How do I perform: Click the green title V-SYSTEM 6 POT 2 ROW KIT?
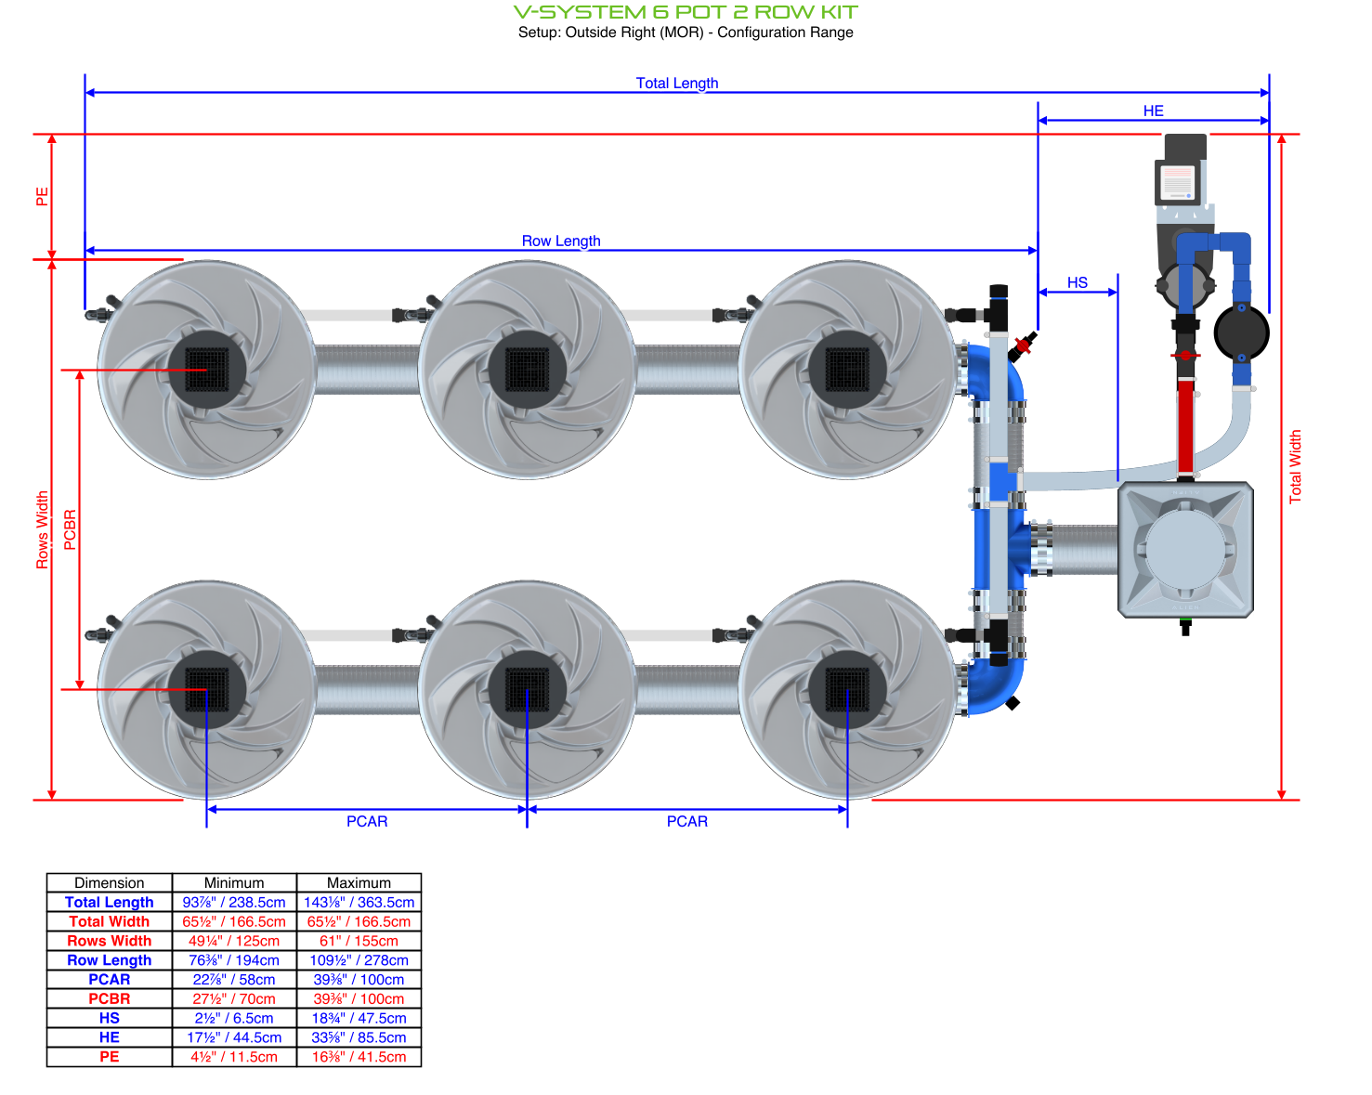[x=686, y=12]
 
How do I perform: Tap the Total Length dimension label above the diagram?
[x=676, y=83]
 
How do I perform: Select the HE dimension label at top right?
[x=1153, y=111]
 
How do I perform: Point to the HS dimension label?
[x=1077, y=282]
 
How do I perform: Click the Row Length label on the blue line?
[x=560, y=241]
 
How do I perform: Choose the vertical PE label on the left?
[x=42, y=197]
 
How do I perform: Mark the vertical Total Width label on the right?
[x=1295, y=466]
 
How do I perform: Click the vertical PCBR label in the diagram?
[x=71, y=529]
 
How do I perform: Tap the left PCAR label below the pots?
[x=367, y=821]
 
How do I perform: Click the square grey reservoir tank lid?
[x=1185, y=549]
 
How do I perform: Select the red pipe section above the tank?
[x=1185, y=425]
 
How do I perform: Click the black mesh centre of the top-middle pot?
[x=527, y=370]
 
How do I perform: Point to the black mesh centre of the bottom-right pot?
[x=847, y=689]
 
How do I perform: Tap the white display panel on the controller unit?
[x=1178, y=182]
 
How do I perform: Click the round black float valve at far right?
[x=1241, y=332]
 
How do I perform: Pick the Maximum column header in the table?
[x=359, y=882]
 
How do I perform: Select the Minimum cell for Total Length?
[x=234, y=902]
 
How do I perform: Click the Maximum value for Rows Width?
[x=359, y=941]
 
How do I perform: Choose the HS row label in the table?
[x=110, y=1018]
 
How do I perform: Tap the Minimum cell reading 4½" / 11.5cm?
[x=234, y=1057]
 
